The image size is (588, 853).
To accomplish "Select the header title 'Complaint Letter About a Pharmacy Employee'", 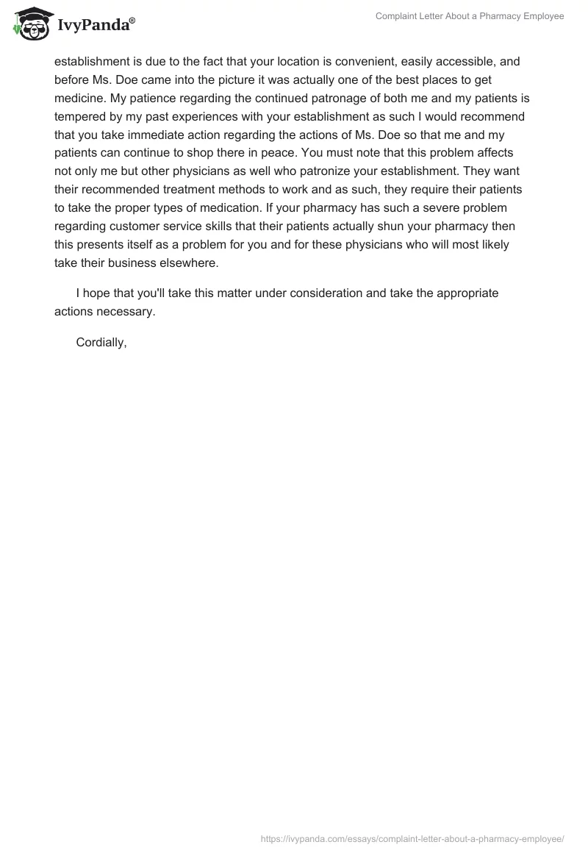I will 470,16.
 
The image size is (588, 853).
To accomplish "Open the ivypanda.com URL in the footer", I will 413,838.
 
